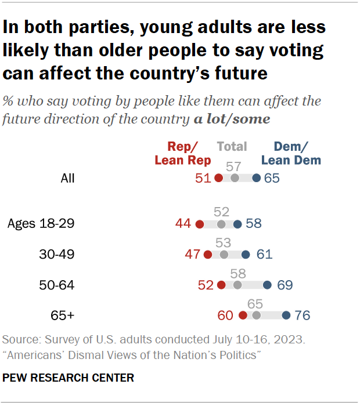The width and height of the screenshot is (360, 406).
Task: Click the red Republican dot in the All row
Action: [219, 178]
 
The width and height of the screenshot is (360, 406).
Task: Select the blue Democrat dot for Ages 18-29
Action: [237, 224]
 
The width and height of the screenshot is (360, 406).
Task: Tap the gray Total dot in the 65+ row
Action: [256, 316]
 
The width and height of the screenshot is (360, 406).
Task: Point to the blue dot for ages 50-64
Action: [267, 285]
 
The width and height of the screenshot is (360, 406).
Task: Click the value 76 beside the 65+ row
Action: [303, 316]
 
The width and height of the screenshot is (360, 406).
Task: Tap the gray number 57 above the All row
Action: [234, 166]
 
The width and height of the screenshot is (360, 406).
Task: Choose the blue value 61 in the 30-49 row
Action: [264, 254]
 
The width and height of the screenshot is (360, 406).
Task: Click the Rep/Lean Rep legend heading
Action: [183, 154]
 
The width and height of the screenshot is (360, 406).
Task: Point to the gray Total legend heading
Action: [232, 147]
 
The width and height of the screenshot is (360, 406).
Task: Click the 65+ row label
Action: [63, 316]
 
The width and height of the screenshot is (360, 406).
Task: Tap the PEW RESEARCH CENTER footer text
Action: [69, 378]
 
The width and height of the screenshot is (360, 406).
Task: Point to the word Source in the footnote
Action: [19, 339]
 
